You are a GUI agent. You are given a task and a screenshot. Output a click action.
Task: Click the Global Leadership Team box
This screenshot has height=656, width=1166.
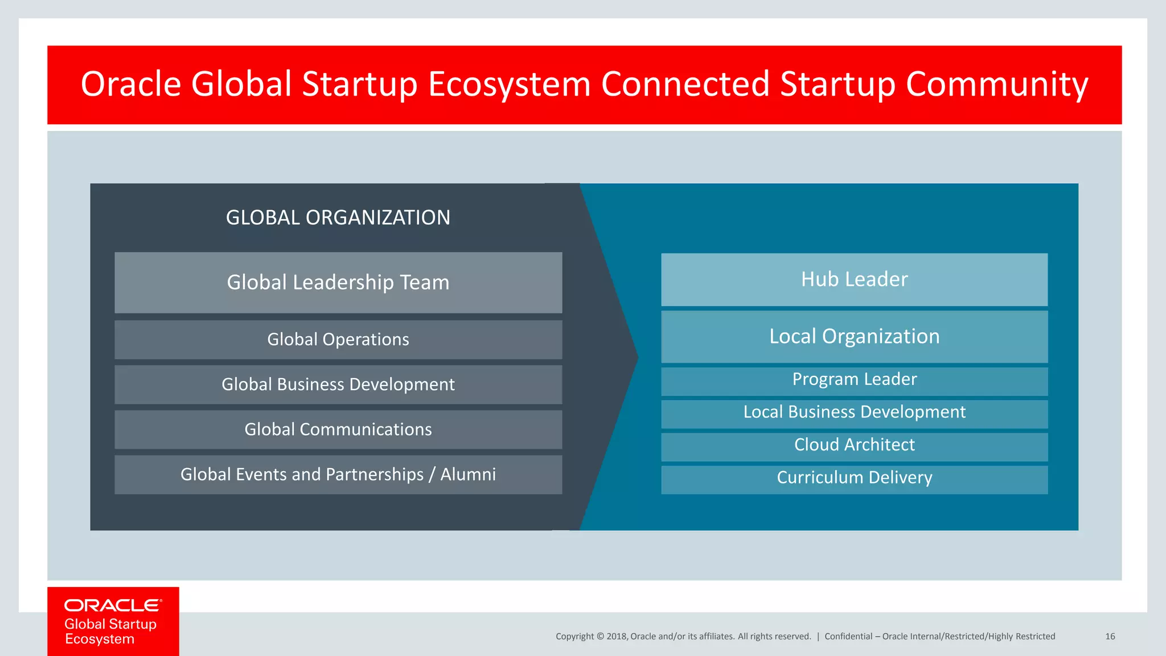click(338, 282)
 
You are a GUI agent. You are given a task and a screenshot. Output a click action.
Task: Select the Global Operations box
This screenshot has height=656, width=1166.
click(338, 339)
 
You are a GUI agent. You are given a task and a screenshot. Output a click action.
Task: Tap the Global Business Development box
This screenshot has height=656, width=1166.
click(338, 384)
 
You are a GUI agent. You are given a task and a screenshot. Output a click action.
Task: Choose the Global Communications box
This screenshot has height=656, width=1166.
click(338, 429)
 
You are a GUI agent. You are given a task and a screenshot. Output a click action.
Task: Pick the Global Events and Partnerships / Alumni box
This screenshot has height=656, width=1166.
click(338, 474)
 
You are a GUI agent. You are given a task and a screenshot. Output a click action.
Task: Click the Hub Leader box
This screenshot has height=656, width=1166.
click(854, 280)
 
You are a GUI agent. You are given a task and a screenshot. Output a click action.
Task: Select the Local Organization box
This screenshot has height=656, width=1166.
click(854, 337)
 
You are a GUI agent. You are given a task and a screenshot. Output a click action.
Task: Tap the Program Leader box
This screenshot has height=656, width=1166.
click(854, 380)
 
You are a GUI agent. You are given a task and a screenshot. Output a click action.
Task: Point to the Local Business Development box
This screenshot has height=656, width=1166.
click(854, 413)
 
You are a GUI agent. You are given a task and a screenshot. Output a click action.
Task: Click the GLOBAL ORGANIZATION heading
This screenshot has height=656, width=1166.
click(338, 218)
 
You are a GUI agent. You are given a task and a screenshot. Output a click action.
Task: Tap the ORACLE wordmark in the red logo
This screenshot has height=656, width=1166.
click(113, 605)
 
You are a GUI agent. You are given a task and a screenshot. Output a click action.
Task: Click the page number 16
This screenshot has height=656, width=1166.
click(1110, 637)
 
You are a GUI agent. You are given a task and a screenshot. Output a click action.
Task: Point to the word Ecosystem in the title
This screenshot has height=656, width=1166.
click(510, 84)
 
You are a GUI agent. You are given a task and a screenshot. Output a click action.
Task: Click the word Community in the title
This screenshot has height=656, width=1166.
click(996, 84)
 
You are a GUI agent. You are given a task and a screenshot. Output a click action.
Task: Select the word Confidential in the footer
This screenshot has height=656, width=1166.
click(848, 637)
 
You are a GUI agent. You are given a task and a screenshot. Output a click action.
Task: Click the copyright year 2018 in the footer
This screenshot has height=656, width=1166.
click(617, 637)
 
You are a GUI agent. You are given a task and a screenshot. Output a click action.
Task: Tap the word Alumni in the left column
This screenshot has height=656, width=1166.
click(468, 474)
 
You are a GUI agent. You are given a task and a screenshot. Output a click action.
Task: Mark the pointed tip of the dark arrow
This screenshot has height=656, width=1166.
click(637, 358)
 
